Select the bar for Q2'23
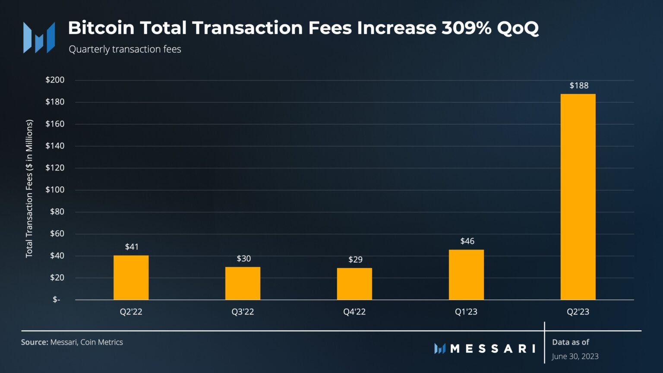click(x=578, y=196)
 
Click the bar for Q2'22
click(x=131, y=278)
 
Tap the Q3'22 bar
click(x=243, y=283)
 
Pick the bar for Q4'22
click(x=354, y=284)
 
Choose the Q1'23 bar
click(x=466, y=275)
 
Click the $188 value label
click(x=579, y=85)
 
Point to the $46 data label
click(x=467, y=241)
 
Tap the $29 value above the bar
click(x=355, y=259)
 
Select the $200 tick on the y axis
click(x=55, y=80)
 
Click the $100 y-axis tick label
click(x=55, y=190)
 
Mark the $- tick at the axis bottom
click(x=57, y=300)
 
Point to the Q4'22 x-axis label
click(x=354, y=312)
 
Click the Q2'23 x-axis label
click(x=578, y=312)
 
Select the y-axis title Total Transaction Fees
click(x=29, y=189)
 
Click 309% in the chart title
click(x=466, y=28)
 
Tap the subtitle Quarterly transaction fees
click(x=125, y=49)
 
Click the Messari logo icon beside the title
click(x=39, y=38)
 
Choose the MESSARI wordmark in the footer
click(x=492, y=348)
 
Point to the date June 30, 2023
click(x=575, y=356)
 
